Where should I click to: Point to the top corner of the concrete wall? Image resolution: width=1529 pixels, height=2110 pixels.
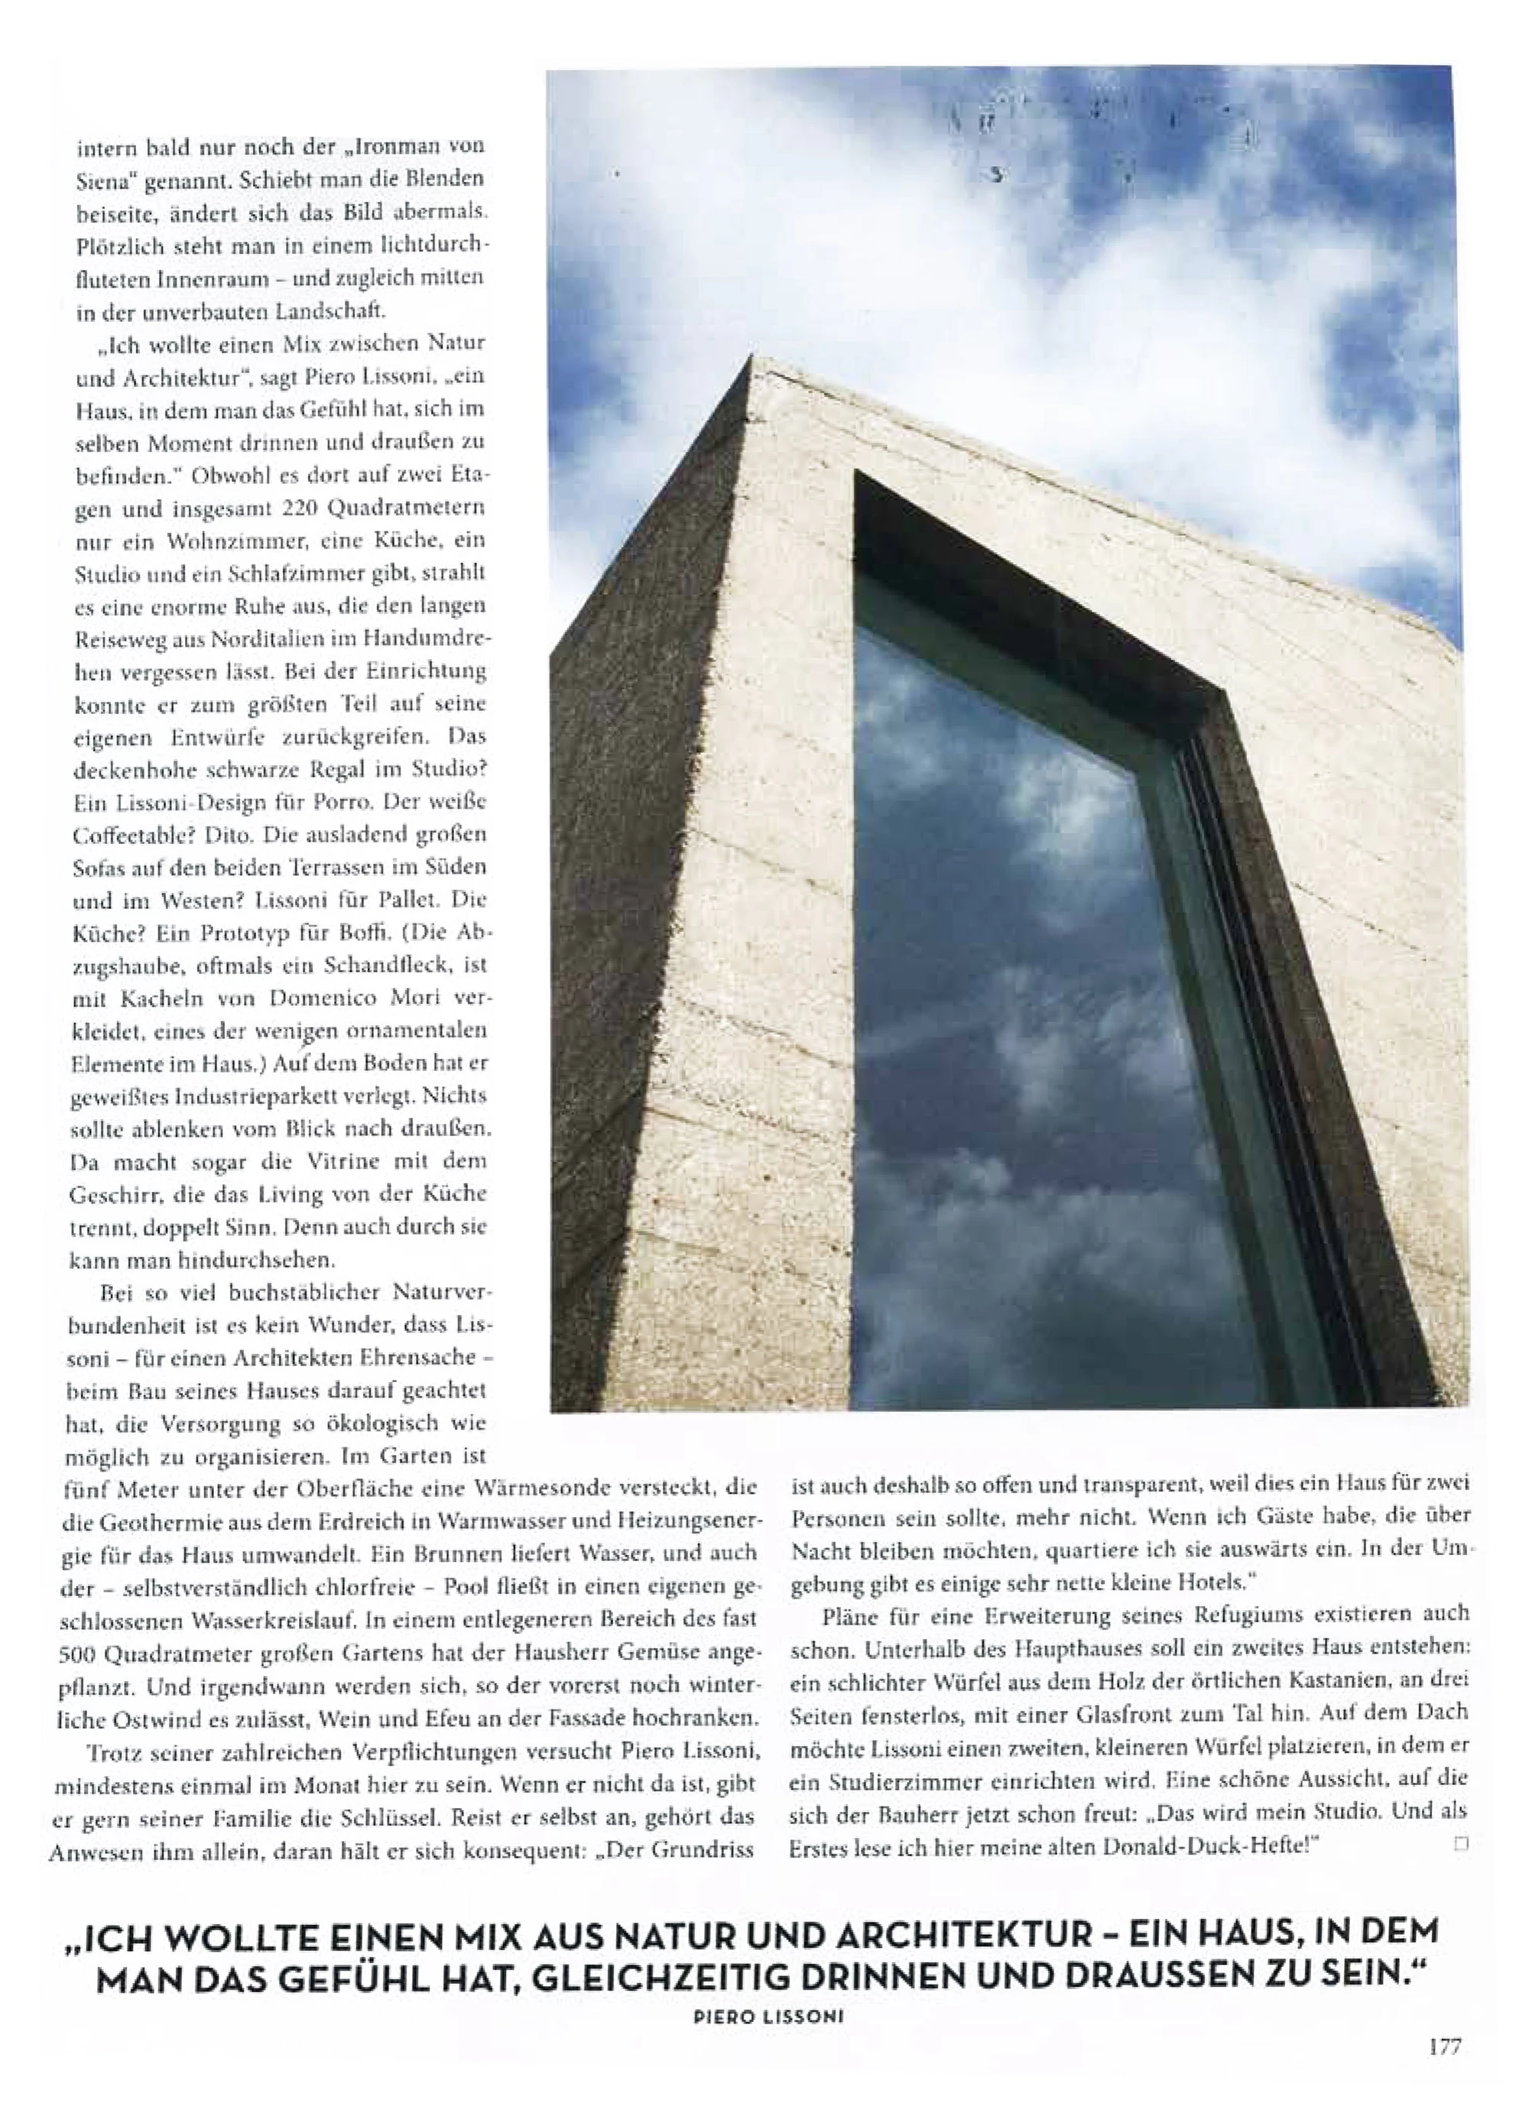coord(752,359)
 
